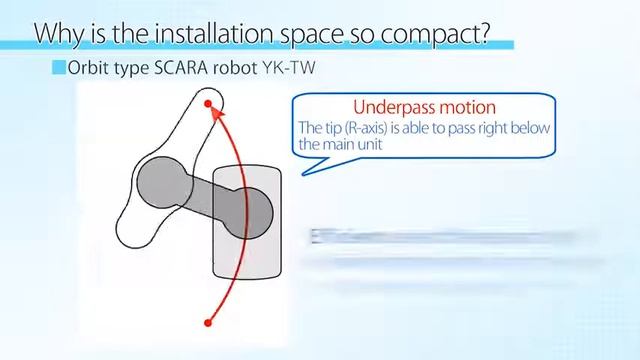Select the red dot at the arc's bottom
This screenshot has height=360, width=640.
[x=207, y=322]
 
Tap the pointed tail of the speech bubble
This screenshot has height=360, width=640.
[x=306, y=171]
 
